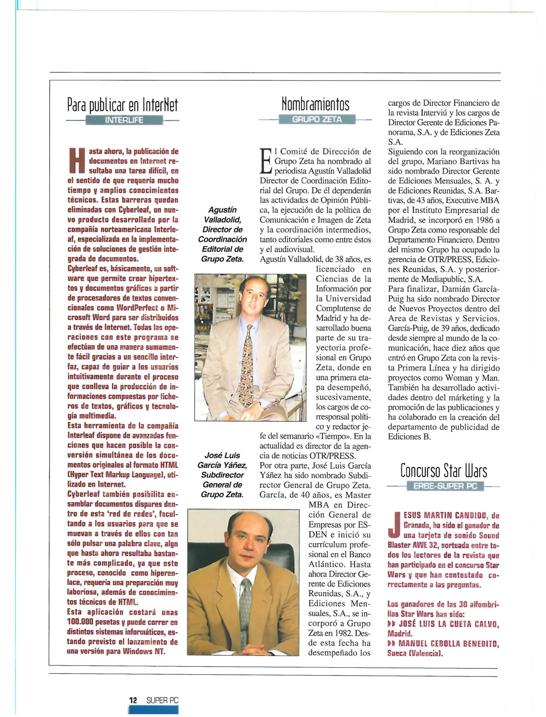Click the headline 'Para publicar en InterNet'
click(x=122, y=105)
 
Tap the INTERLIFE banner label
click(x=124, y=120)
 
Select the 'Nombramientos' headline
click(x=315, y=104)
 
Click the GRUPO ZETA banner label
click(x=317, y=119)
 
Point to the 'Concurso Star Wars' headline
click(x=443, y=470)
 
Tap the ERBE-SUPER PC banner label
click(x=445, y=486)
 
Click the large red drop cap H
click(x=77, y=161)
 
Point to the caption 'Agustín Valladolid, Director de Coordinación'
click(x=222, y=234)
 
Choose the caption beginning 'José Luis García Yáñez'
click(x=222, y=475)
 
